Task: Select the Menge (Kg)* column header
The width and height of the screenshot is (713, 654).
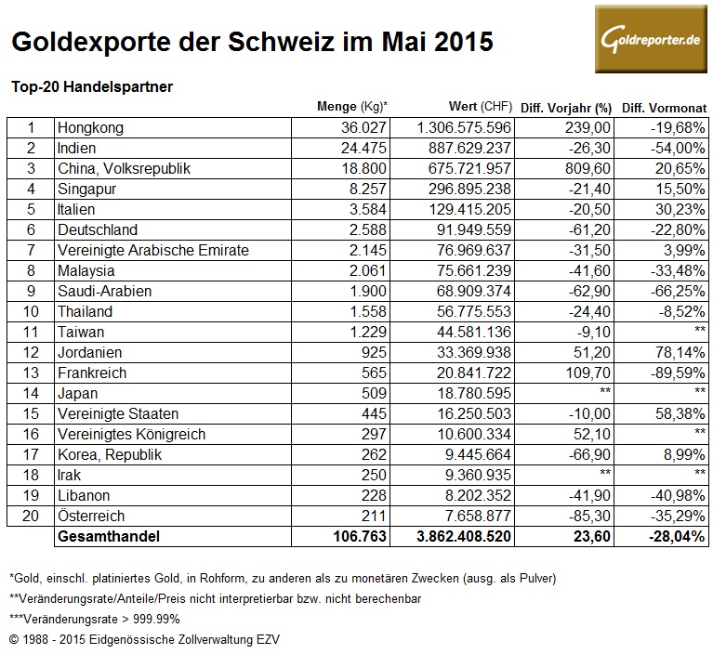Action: coord(352,106)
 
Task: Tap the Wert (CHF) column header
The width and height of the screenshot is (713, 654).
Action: coord(460,106)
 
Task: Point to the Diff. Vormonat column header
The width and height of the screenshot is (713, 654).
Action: coord(662,106)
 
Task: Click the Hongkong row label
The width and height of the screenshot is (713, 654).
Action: coord(90,127)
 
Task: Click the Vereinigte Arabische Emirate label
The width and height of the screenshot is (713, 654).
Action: coord(152,250)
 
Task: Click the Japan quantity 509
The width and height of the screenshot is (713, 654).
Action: coord(374,393)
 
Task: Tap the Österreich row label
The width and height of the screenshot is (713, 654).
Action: coord(91,516)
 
